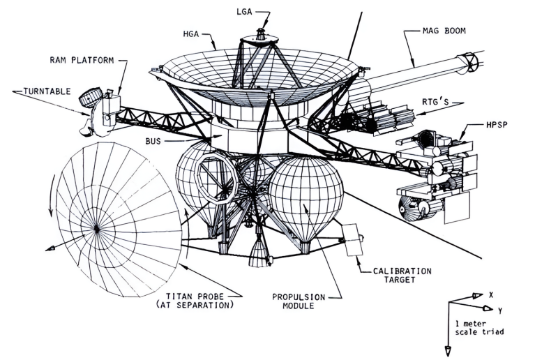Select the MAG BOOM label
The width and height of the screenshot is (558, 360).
(x=444, y=31)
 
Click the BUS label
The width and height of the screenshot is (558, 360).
(x=155, y=140)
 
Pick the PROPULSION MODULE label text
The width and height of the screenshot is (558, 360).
(x=299, y=301)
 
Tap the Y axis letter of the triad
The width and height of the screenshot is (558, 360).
(x=501, y=309)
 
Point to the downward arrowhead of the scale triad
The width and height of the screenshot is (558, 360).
(x=449, y=350)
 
